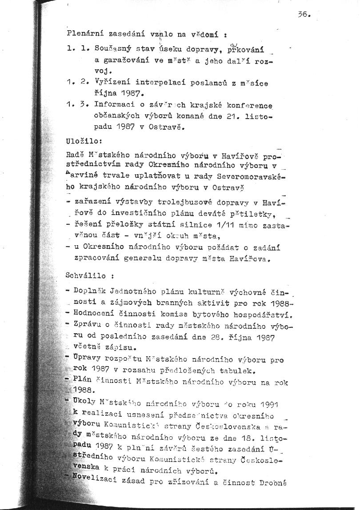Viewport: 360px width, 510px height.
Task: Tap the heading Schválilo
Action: [x=81, y=275]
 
